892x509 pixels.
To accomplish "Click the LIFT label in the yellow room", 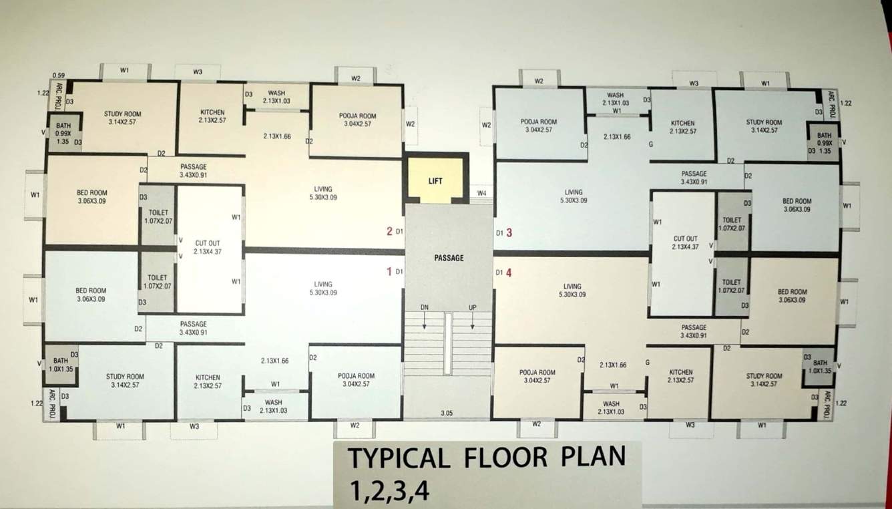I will tap(435, 181).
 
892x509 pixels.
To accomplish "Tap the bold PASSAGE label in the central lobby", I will tap(449, 258).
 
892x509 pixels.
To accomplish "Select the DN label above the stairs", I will tap(424, 307).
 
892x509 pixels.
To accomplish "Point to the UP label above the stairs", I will tap(473, 307).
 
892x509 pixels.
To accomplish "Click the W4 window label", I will tap(481, 194).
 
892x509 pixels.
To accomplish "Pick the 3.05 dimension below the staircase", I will tap(447, 413).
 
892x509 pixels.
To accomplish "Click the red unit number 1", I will tap(389, 271).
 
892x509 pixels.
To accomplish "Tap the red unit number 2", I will tap(389, 232).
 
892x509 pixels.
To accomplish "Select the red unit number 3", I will tap(509, 232).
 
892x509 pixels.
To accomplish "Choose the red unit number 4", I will tap(509, 272).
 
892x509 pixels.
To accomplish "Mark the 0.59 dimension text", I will tap(58, 75).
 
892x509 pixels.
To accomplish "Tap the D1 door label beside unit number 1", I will tap(399, 272).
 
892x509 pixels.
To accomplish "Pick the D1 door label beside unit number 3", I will tap(498, 233).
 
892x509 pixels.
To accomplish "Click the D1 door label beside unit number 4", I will tap(498, 273).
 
